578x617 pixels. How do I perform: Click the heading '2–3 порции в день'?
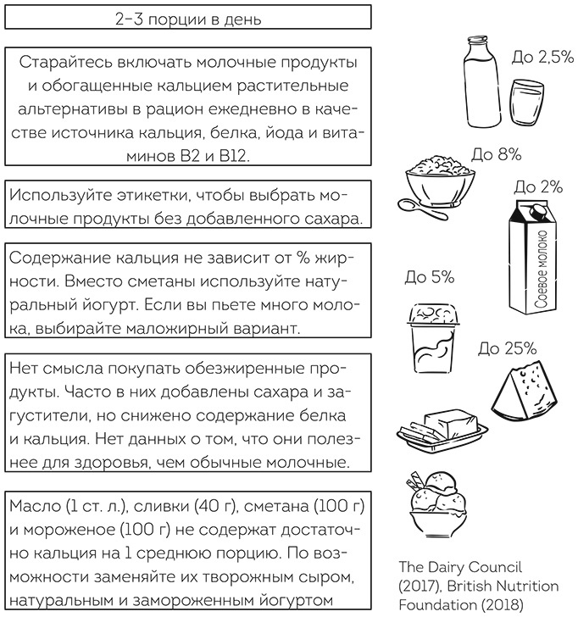pyautogui.click(x=188, y=17)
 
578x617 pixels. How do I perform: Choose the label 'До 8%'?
pyautogui.click(x=496, y=156)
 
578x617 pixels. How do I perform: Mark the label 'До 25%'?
pyautogui.click(x=507, y=347)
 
